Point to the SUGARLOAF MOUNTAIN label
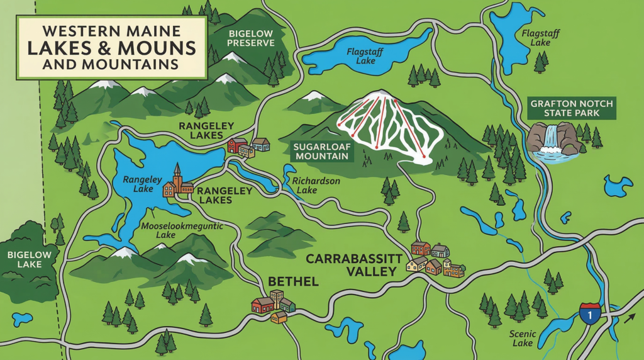[320, 151]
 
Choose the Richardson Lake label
[316, 185]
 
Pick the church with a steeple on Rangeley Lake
[177, 183]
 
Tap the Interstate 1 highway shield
[589, 313]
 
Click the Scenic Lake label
[523, 339]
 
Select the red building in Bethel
[262, 305]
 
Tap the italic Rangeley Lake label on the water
[138, 184]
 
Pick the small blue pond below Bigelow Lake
[22, 318]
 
